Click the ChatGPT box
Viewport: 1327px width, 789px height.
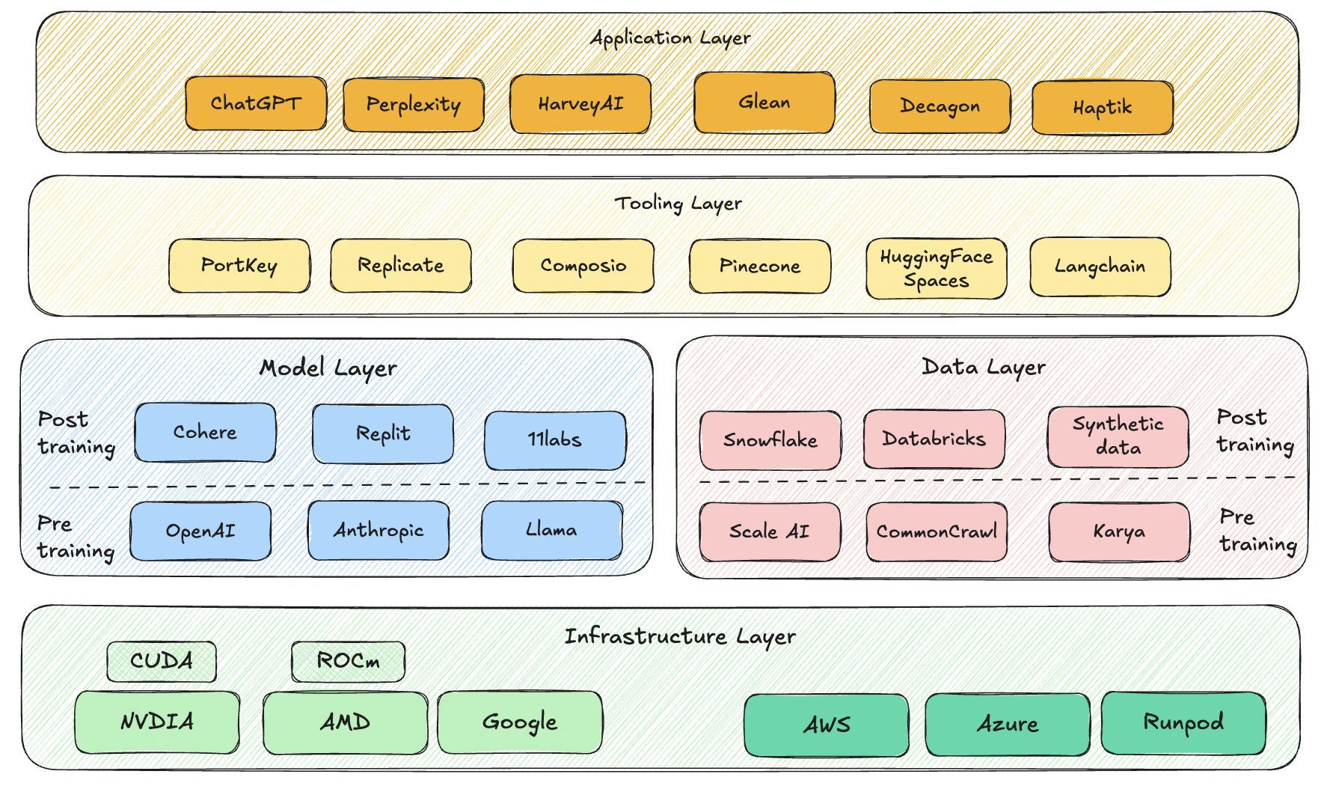coord(256,103)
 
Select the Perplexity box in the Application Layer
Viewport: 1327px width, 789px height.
coord(414,105)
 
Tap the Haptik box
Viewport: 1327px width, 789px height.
coord(1103,108)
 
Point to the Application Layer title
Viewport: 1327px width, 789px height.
coord(670,37)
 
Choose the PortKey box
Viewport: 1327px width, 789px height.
coord(239,266)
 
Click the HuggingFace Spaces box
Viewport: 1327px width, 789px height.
coord(937,269)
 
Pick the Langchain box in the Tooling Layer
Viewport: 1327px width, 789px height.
coord(1100,267)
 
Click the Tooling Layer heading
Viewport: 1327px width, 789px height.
coord(678,203)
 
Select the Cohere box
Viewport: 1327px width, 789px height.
coord(205,433)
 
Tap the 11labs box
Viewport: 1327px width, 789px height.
coord(555,440)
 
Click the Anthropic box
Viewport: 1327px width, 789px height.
coord(379,531)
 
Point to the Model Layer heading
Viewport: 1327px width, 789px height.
coord(328,368)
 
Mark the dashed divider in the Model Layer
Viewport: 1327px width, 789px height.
coord(347,485)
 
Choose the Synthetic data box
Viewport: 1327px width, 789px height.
coord(1118,436)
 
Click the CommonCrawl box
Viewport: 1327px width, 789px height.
coord(937,531)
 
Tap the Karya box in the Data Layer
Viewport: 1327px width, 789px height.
coord(1119,531)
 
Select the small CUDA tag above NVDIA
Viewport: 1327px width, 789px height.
coord(162,661)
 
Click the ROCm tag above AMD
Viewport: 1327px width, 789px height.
coord(349,661)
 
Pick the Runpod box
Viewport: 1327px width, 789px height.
coord(1183,723)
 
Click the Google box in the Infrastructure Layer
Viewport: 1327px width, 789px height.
coord(520,722)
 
